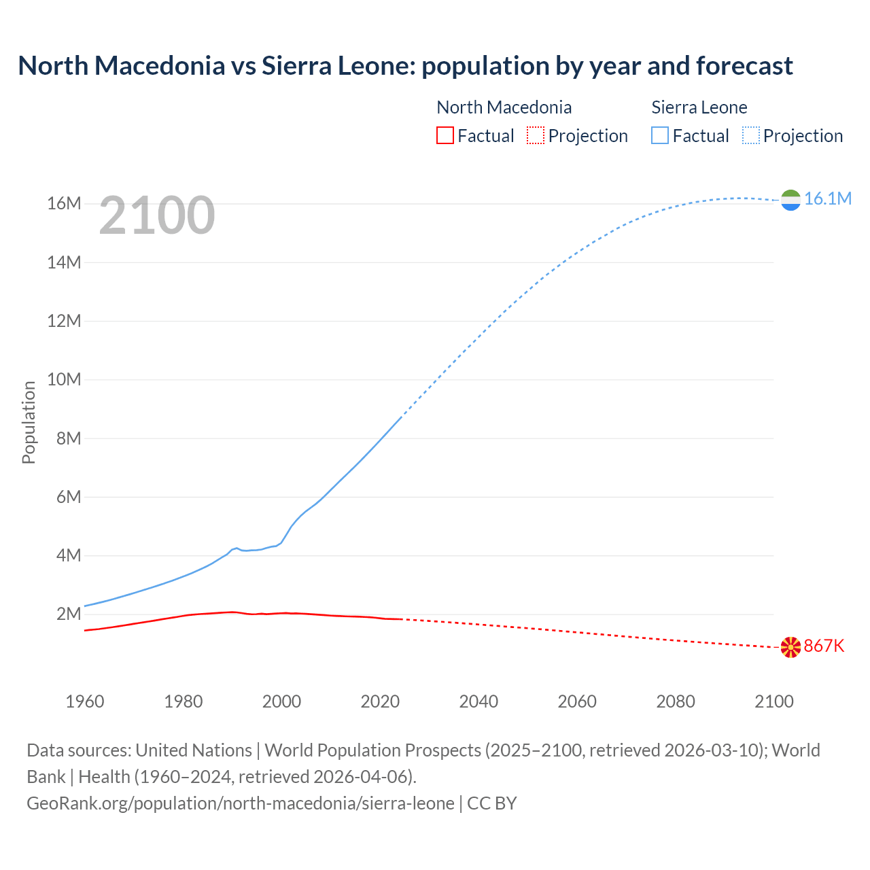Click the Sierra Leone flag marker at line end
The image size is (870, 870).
pos(790,200)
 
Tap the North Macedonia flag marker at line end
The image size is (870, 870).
pos(790,647)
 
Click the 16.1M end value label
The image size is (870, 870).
pos(827,198)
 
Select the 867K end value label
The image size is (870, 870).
pos(824,646)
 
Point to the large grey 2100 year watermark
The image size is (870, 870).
pos(157,215)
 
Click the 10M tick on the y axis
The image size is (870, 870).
pos(65,379)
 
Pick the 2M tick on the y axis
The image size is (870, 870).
pos(69,614)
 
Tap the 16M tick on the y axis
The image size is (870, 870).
pos(65,203)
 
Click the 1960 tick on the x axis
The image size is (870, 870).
pos(85,701)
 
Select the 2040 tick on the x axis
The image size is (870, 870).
pos(478,701)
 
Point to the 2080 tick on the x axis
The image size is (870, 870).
pos(676,701)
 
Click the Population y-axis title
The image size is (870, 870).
pos(29,422)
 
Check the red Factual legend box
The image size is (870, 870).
pos(445,135)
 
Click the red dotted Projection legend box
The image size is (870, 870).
pos(536,135)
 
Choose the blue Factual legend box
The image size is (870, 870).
pos(660,135)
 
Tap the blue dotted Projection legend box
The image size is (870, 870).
pos(751,135)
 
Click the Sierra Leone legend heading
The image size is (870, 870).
pos(699,107)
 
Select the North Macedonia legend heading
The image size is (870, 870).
pos(504,107)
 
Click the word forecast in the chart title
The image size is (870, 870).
pos(744,66)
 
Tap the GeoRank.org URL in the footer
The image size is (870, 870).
pos(241,803)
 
